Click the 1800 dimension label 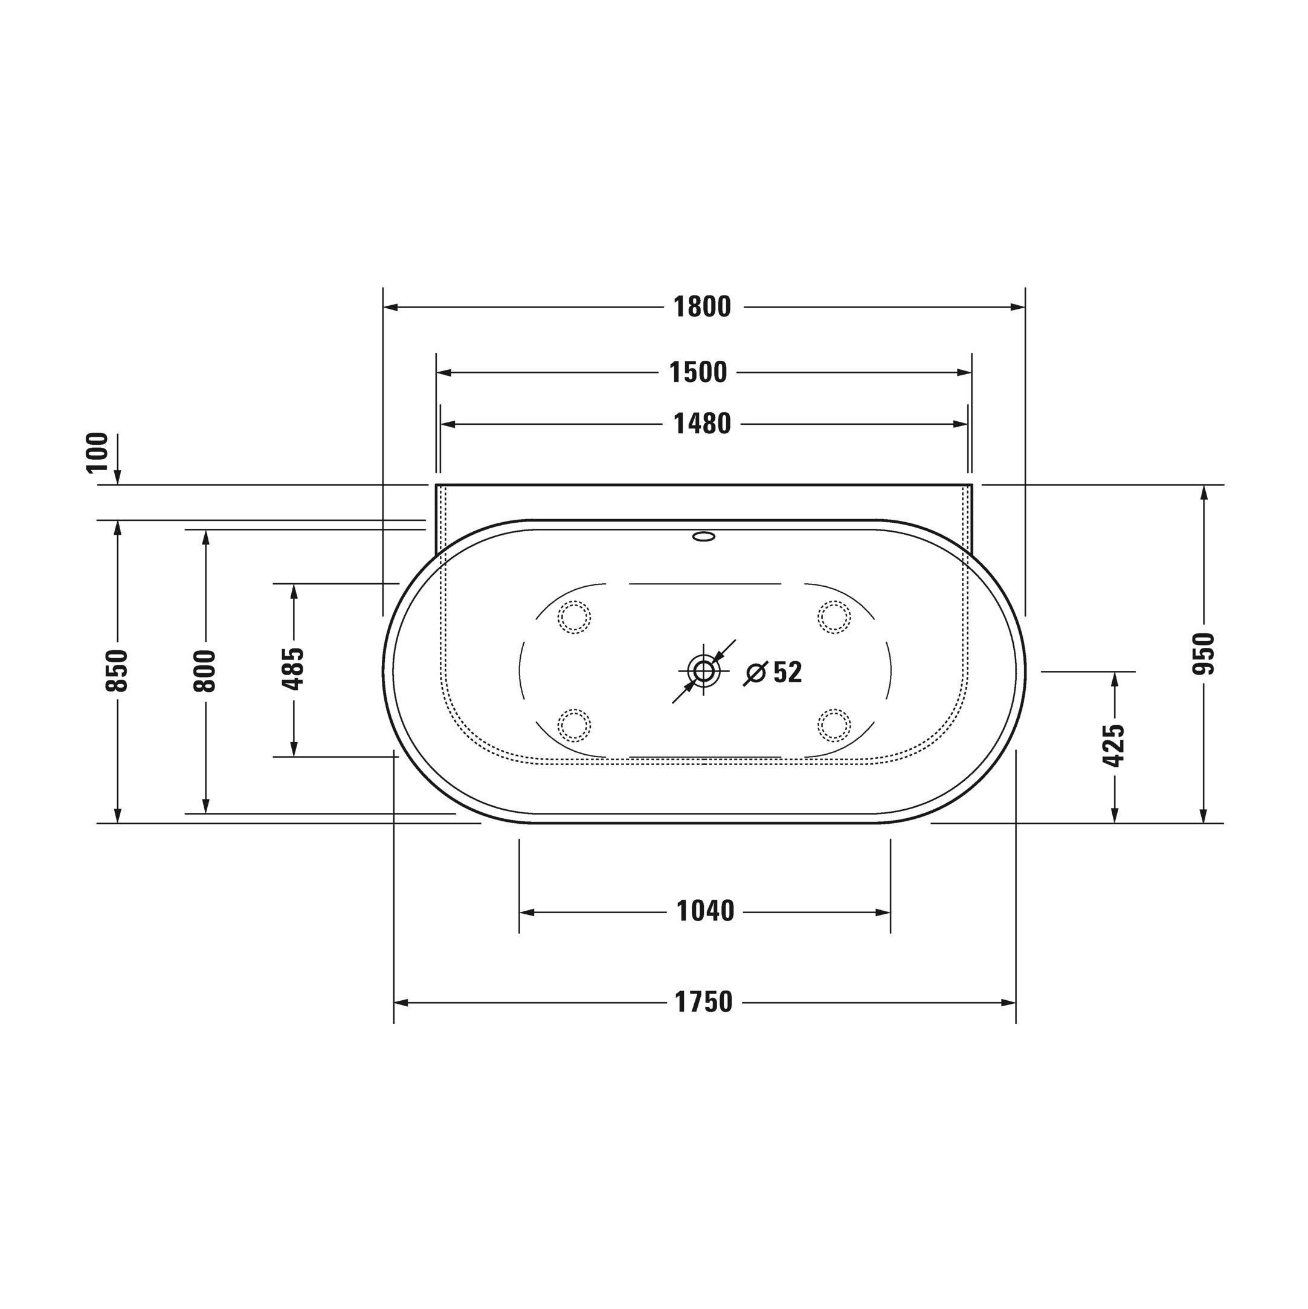tap(703, 307)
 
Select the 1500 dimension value tap(698, 373)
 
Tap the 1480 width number tap(703, 424)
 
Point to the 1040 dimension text tap(705, 912)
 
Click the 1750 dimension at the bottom tap(704, 1002)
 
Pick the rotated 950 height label tap(1203, 654)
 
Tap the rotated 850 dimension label tap(117, 671)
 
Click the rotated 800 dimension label tap(205, 671)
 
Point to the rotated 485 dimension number tap(293, 669)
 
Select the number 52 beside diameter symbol tap(788, 672)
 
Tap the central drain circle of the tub tap(703, 671)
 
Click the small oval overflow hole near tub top tap(704, 537)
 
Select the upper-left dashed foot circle tap(574, 617)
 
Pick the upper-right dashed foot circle tap(834, 617)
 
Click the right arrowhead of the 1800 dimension tap(1017, 307)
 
